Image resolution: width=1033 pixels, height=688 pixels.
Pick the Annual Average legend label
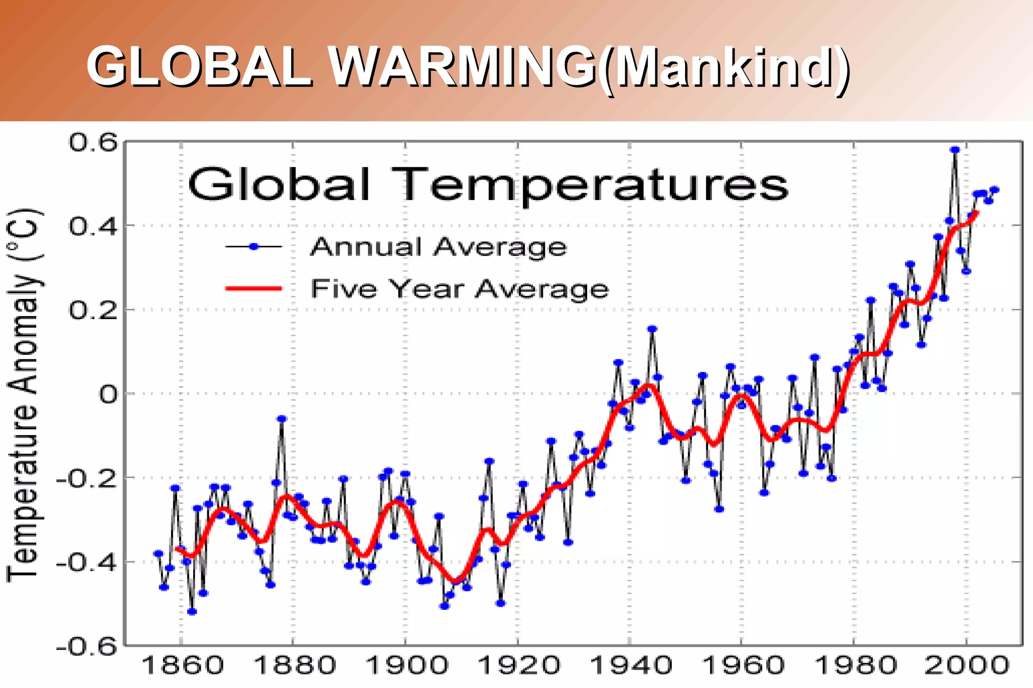(438, 247)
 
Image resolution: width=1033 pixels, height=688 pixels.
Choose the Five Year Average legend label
(460, 289)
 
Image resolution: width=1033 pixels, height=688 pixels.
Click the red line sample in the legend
(254, 288)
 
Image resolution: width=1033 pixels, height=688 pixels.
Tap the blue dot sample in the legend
(254, 246)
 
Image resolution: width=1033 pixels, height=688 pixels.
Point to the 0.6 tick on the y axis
(93, 143)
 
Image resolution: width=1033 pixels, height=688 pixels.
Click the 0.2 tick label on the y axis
(93, 310)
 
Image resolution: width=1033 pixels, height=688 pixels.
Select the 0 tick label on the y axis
(108, 394)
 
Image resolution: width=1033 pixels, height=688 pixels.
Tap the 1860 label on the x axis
(183, 666)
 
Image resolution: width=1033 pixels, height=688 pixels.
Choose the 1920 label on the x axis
(519, 666)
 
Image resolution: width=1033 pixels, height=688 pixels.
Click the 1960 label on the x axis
(743, 666)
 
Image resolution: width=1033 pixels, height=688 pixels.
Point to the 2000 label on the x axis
(966, 666)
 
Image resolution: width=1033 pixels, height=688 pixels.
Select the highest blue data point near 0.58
(955, 150)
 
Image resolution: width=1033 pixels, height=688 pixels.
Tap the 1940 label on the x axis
(630, 666)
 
